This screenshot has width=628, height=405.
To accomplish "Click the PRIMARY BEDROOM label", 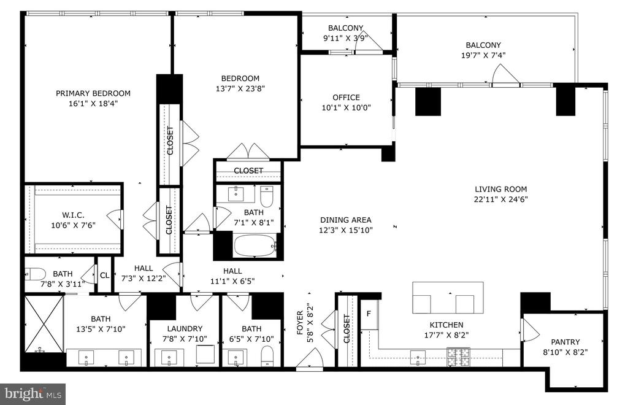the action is point(93,93).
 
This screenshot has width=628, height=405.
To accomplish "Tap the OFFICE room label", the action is point(346,98).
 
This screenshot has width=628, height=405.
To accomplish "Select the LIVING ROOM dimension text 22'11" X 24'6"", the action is point(500,199).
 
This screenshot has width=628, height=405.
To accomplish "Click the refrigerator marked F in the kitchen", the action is point(369,314).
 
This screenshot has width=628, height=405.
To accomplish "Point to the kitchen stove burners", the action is point(459,357).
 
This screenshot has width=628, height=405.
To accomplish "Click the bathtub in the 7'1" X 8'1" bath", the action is point(255,246).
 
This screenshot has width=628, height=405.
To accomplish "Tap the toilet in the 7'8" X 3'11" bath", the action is point(35,274).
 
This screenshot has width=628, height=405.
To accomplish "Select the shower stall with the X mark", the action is point(44,324).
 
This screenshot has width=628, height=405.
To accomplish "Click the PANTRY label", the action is point(565,342).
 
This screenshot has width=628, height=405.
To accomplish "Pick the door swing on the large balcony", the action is point(505,75).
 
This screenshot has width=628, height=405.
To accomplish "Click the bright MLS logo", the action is point(33,394).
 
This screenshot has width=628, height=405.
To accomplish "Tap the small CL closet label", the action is point(104,276).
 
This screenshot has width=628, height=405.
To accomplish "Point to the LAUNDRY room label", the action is point(185,328).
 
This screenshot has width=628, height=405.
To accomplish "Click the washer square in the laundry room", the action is point(206,354).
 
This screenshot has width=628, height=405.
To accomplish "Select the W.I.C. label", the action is point(73,215).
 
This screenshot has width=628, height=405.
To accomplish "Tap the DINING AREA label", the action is point(346,220).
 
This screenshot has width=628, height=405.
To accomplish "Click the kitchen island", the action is point(448,298).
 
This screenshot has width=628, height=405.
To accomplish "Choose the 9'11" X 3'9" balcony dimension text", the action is point(345,39).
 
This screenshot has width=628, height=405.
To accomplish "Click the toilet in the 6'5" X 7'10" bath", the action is point(267,356).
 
